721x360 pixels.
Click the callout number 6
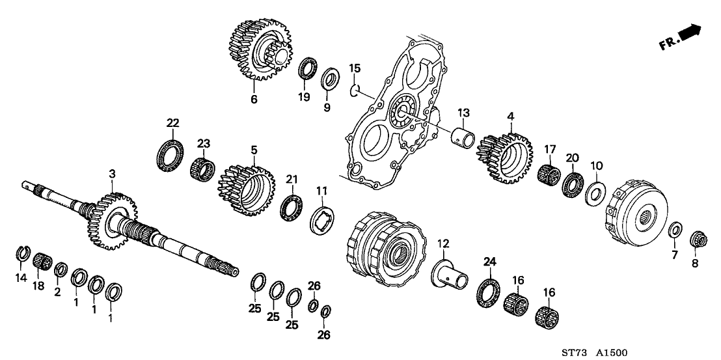254,100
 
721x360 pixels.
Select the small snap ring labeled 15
354,90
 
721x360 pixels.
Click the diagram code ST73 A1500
595,352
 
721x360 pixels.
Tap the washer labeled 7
676,230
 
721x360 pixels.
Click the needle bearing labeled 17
549,174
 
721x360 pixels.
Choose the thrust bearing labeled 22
170,156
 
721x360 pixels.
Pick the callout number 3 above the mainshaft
112,174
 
